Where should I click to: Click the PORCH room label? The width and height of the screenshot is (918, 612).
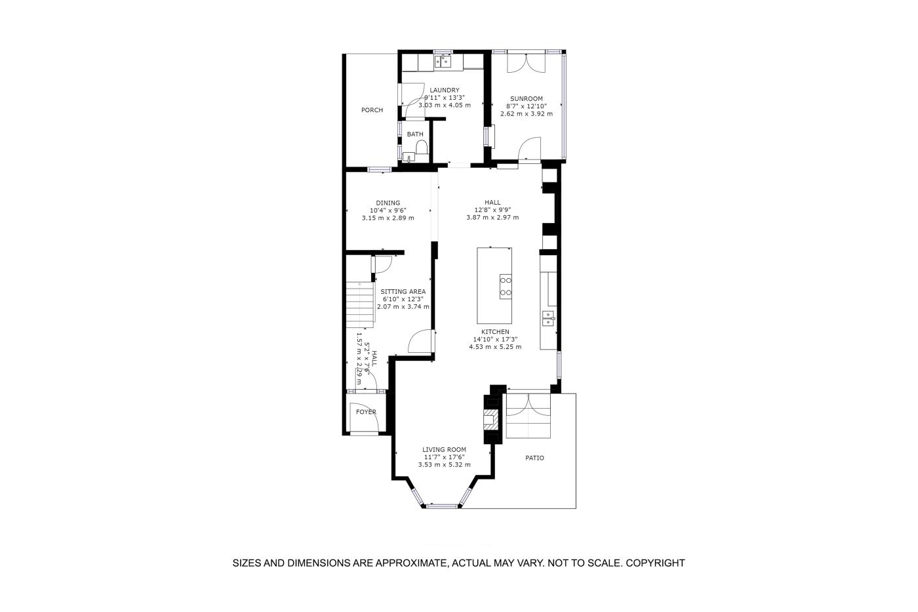coord(372,110)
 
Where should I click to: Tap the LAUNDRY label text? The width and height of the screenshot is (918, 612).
coord(445,90)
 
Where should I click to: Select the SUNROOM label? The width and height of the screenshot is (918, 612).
coord(527,99)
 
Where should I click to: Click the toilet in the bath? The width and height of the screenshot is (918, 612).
coord(422,147)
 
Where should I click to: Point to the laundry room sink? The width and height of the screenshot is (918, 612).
coord(443,62)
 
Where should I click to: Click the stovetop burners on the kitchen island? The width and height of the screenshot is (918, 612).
coord(506,287)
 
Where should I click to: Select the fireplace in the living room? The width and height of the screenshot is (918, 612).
coord(491,420)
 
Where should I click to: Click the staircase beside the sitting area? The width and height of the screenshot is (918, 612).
coord(360,304)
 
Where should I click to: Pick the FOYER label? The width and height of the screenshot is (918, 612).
coord(366,412)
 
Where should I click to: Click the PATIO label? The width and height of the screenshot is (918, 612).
coord(535,458)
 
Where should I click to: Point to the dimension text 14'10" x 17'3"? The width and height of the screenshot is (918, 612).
coord(496,339)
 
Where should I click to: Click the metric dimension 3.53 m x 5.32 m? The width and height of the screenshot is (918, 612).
coord(445,465)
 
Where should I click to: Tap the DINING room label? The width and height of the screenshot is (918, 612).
coord(388,203)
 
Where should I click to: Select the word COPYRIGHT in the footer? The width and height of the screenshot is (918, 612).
coord(655,563)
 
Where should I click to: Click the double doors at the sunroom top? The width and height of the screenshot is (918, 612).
coord(527,63)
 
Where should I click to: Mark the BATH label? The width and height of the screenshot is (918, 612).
coord(415,134)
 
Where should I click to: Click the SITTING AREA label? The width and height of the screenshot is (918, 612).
coord(403,292)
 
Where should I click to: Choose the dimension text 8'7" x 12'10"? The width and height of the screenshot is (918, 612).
coord(527,106)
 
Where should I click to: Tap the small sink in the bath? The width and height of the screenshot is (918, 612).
coord(409,157)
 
